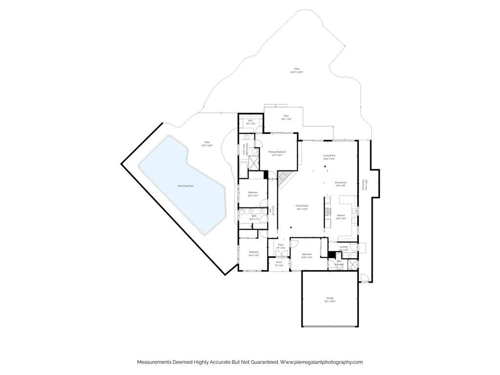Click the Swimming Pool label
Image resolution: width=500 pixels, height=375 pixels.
tap(182, 186)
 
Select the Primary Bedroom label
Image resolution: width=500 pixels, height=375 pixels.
tap(277, 152)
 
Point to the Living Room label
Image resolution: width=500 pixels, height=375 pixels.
tap(329, 156)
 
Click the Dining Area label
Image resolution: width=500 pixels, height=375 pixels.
tap(340, 182)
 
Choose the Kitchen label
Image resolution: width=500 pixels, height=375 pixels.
tap(341, 215)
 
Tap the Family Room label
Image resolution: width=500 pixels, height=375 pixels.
tap(302, 206)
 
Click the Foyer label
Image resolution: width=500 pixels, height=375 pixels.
tap(281, 245)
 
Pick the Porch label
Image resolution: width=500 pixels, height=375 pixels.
tap(279, 262)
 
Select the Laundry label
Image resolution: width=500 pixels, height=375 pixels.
tap(343, 247)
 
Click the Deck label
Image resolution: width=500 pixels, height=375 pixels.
tap(286, 116)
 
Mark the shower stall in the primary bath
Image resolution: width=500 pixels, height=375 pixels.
tap(254, 160)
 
